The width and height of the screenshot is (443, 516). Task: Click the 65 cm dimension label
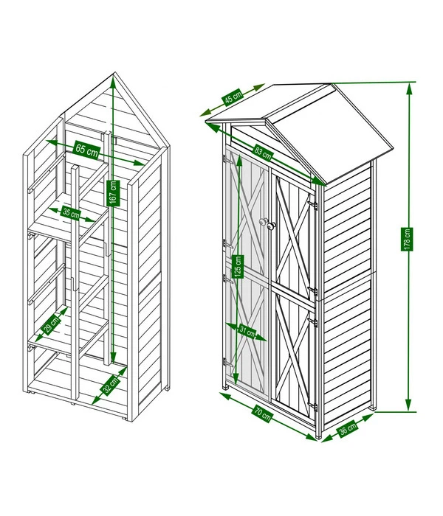pyautogui.click(x=87, y=150)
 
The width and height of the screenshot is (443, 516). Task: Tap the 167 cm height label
pyautogui.click(x=114, y=193)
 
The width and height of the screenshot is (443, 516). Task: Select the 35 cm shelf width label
pyautogui.click(x=71, y=214)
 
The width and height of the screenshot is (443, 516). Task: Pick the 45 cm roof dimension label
pyautogui.click(x=233, y=97)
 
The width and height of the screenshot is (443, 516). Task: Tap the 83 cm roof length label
pyautogui.click(x=263, y=153)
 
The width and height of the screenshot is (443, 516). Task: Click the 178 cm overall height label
pyautogui.click(x=408, y=240)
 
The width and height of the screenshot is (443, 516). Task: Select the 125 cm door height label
pyautogui.click(x=238, y=266)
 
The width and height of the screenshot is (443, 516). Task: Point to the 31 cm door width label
pyautogui.click(x=247, y=332)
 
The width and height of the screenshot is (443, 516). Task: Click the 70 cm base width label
pyautogui.click(x=263, y=414)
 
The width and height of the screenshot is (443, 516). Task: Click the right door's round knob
pyautogui.click(x=271, y=226)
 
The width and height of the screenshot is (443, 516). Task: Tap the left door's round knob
pyautogui.click(x=263, y=222)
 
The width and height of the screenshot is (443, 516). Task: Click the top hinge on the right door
pyautogui.click(x=313, y=206)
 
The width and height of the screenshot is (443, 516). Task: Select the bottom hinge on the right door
pyautogui.click(x=313, y=407)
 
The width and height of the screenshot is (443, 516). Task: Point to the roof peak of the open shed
pyautogui.click(x=114, y=72)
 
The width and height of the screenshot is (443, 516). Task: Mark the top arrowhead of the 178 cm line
pyautogui.click(x=409, y=88)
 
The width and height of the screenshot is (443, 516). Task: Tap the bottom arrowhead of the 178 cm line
pyautogui.click(x=409, y=405)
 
